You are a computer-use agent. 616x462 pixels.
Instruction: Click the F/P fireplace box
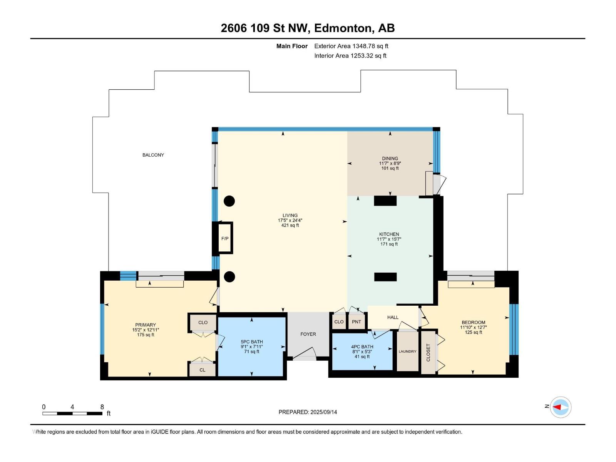(225, 238)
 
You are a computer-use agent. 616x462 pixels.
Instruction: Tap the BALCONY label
(153, 155)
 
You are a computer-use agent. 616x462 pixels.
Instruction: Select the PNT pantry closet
(357, 321)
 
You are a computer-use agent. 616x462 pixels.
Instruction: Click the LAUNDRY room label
(407, 351)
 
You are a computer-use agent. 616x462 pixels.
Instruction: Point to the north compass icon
(561, 407)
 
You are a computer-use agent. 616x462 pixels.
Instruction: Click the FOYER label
(308, 334)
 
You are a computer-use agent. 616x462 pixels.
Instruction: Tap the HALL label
(393, 317)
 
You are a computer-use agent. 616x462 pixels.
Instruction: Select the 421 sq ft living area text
(290, 225)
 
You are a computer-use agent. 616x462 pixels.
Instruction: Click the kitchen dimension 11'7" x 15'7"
(389, 239)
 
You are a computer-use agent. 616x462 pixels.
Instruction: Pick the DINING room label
(390, 158)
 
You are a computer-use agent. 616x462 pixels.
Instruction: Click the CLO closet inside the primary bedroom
(203, 323)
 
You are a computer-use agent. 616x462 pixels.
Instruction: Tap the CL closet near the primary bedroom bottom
(203, 370)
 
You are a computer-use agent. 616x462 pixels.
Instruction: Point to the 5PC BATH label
(252, 341)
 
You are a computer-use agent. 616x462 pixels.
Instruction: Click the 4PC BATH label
(362, 346)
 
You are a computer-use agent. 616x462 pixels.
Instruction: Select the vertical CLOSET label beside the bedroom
(428, 352)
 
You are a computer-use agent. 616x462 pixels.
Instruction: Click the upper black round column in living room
(229, 201)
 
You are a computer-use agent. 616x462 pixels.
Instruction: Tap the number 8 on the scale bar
(102, 407)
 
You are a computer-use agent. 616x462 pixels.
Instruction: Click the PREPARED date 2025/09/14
(323, 412)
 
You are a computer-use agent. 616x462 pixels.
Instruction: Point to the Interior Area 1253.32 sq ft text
(350, 55)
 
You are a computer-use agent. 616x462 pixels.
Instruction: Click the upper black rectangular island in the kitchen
(385, 201)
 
